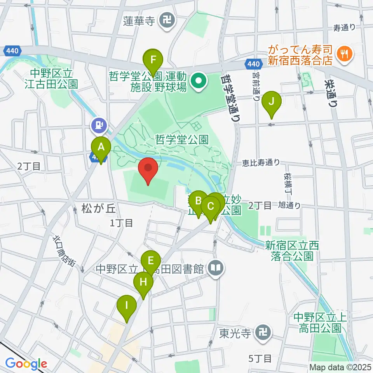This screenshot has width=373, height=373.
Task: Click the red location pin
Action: pyautogui.click(x=148, y=171)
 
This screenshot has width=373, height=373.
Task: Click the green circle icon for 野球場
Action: pyautogui.click(x=199, y=82)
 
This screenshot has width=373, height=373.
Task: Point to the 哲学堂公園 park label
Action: pyautogui.click(x=182, y=139)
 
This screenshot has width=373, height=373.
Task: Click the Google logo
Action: pyautogui.click(x=26, y=364)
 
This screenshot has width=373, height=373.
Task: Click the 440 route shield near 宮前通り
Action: pyautogui.click(x=253, y=63)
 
